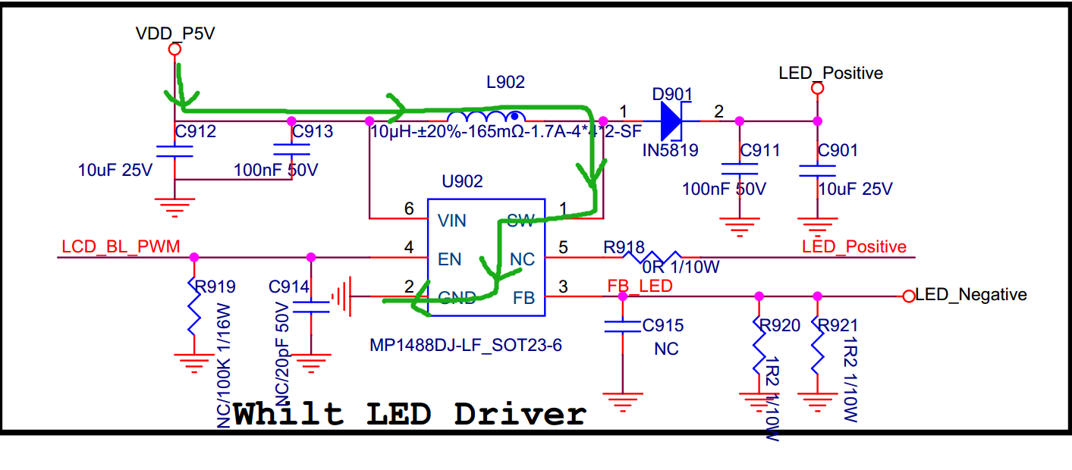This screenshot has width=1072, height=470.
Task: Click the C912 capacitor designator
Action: click(196, 132)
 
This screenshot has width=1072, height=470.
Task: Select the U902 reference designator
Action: click(462, 182)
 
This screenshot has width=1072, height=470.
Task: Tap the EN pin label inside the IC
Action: click(450, 259)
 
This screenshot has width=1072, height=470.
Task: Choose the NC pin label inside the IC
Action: click(523, 259)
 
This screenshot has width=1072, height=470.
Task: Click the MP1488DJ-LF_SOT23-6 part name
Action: click(466, 346)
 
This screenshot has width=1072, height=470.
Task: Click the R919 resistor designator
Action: click(215, 287)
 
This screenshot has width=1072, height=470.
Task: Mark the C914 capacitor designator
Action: click(289, 287)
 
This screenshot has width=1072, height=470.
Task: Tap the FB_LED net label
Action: click(640, 286)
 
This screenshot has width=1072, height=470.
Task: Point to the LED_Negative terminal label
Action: click(971, 295)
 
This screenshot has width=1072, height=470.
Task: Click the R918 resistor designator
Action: click(624, 247)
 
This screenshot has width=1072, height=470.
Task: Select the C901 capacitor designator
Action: click(838, 150)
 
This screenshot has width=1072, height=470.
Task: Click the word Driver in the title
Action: click(520, 414)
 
